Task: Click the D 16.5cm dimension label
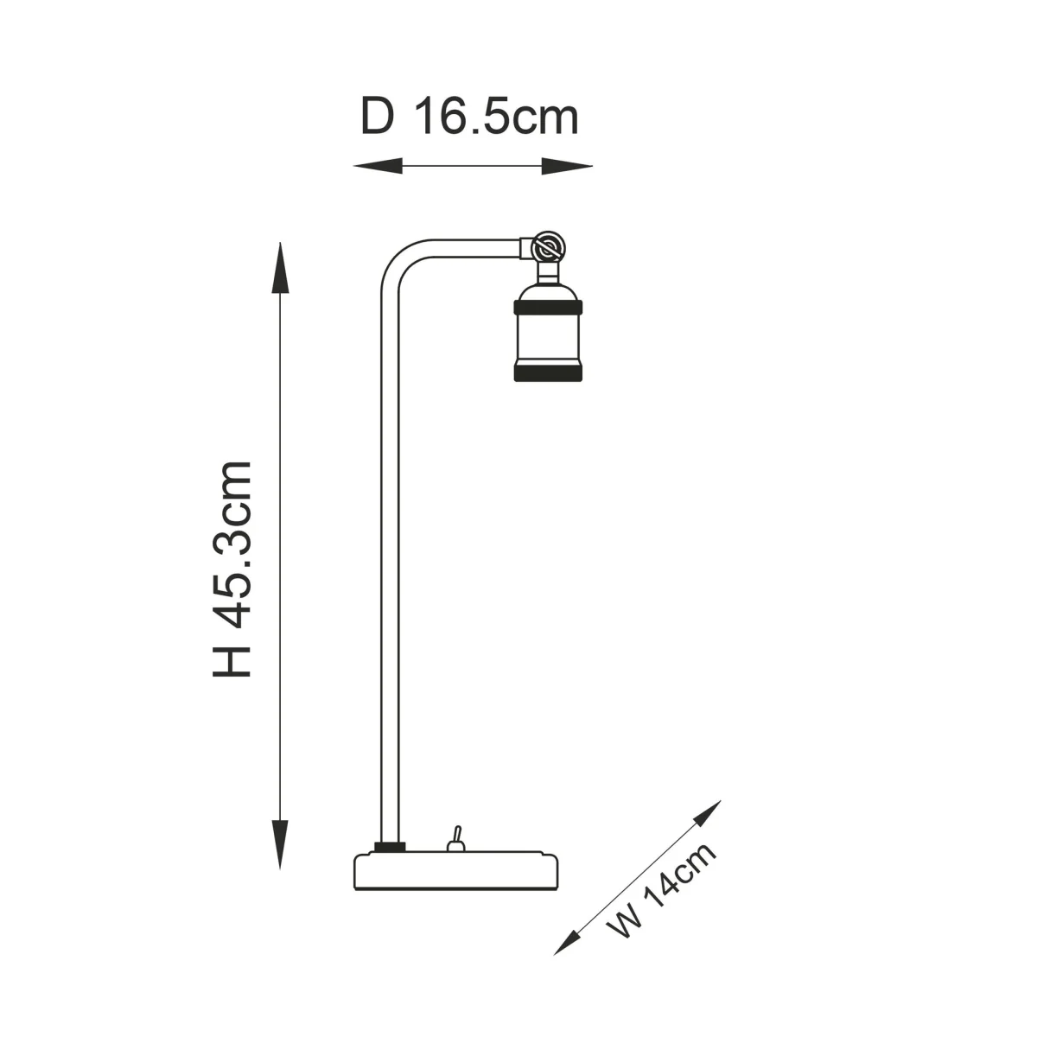click(x=469, y=117)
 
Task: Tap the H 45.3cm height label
click(x=232, y=569)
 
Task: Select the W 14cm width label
click(x=661, y=898)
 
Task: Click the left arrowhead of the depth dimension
click(x=378, y=166)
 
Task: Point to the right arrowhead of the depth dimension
click(x=567, y=166)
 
